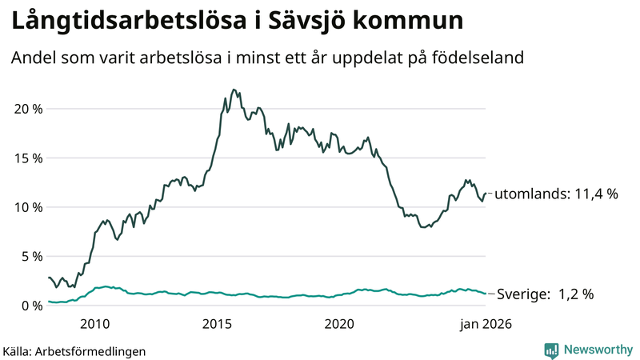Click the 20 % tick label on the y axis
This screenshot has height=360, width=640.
tap(26, 109)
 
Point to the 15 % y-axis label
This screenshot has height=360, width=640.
tap(26, 158)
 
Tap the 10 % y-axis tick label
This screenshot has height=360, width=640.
tap(26, 207)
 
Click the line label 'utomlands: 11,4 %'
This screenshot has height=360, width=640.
tap(558, 194)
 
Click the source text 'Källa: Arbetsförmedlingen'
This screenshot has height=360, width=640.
tap(74, 350)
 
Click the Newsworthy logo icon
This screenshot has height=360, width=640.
tap(551, 350)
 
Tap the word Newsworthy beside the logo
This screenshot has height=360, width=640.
tap(597, 350)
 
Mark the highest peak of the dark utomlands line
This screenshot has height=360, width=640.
tap(233, 90)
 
